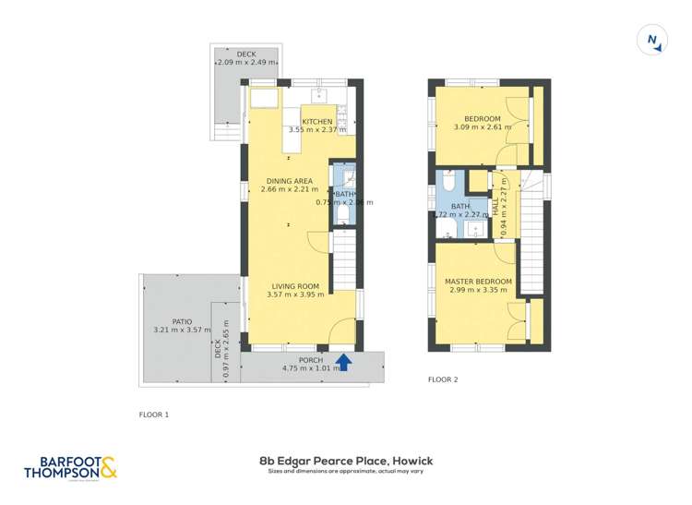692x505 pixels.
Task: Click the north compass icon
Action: click(x=652, y=40)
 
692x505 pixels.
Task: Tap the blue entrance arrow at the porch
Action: click(x=343, y=362)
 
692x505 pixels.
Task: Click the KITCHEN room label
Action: click(x=316, y=122)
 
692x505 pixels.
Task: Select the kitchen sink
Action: click(x=320, y=94)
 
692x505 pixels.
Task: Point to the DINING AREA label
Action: click(x=289, y=181)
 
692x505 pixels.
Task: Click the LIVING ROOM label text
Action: click(x=294, y=286)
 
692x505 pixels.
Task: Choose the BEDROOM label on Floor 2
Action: click(x=482, y=119)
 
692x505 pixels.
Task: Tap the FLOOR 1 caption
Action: click(x=153, y=415)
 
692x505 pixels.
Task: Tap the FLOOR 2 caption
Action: click(x=443, y=379)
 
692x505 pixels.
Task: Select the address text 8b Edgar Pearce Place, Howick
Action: click(x=346, y=461)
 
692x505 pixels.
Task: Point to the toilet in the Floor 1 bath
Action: click(x=343, y=215)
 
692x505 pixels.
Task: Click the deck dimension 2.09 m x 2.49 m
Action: click(x=245, y=63)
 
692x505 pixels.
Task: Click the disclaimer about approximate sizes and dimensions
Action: click(x=346, y=472)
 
